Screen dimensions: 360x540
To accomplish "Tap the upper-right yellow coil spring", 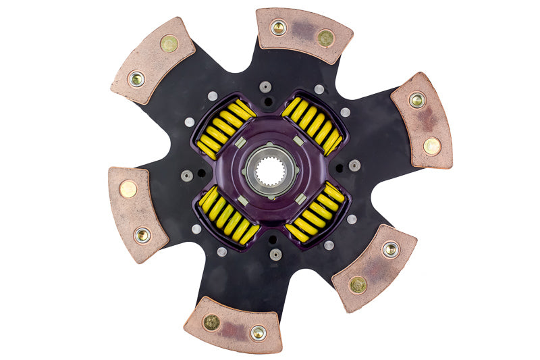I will click(x=313, y=124).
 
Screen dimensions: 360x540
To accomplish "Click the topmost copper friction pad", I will click(x=304, y=34).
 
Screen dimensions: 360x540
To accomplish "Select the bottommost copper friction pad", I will click(x=233, y=326).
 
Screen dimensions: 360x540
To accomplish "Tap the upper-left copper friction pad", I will click(x=153, y=61).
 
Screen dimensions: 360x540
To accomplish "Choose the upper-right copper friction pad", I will click(x=423, y=120).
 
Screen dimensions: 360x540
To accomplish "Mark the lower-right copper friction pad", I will click(x=375, y=267).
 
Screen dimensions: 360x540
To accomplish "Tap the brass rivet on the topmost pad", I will click(x=325, y=38).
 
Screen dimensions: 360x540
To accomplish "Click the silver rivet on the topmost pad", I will click(x=278, y=28).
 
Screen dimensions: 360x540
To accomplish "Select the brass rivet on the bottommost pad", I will click(x=211, y=322).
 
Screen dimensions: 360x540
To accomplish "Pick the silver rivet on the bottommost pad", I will click(x=258, y=332).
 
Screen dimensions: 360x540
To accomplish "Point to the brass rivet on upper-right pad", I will click(x=431, y=146).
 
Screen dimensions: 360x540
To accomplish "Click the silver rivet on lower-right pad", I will click(x=390, y=249).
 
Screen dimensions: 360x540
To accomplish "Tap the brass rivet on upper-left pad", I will click(x=169, y=44).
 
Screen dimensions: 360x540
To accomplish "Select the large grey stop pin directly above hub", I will click(x=265, y=87).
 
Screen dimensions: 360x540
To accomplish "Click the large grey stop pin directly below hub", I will click(x=275, y=255).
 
